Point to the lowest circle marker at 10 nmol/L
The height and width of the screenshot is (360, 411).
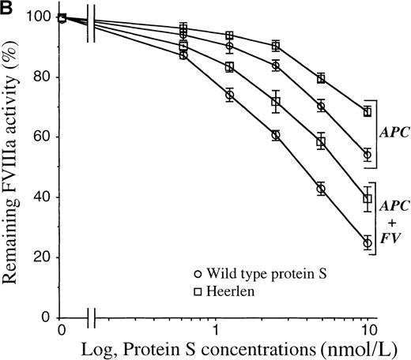pyautogui.click(x=368, y=243)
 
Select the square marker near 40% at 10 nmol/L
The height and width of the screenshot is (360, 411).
pyautogui.click(x=368, y=199)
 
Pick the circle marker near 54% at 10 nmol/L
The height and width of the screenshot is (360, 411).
pyautogui.click(x=368, y=155)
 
